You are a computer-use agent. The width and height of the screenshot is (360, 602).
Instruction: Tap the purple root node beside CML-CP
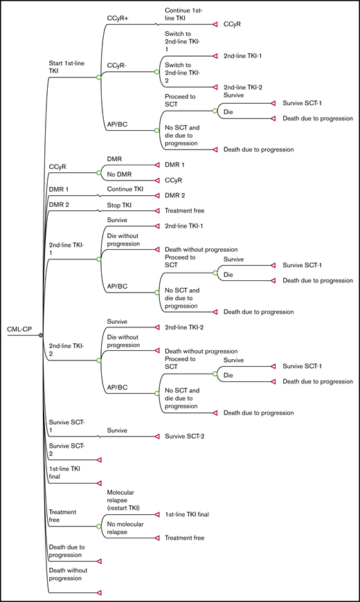(x=41, y=335)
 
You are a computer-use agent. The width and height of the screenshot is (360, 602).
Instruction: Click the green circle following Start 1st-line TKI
(x=99, y=77)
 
